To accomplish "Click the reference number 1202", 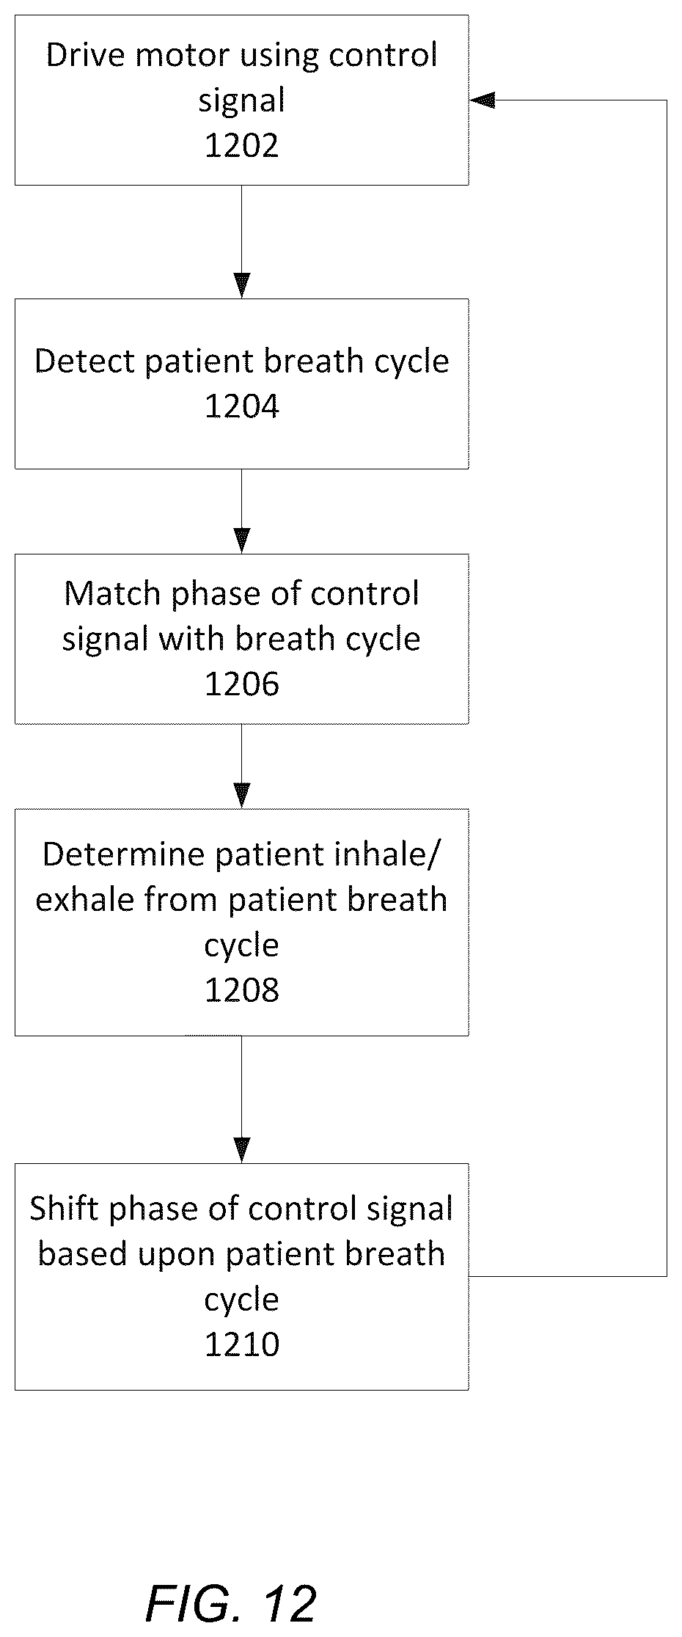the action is pyautogui.click(x=241, y=146).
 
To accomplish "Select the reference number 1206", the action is pyautogui.click(x=241, y=684).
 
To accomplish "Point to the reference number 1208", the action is pyautogui.click(x=241, y=990).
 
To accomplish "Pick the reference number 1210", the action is pyautogui.click(x=241, y=1344).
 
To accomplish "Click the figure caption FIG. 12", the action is pyautogui.click(x=230, y=1603).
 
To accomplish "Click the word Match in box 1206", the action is pyautogui.click(x=113, y=593).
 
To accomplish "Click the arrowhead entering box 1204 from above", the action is pyautogui.click(x=241, y=286).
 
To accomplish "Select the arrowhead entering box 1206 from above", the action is pyautogui.click(x=241, y=541).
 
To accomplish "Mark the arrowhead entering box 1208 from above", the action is pyautogui.click(x=241, y=796).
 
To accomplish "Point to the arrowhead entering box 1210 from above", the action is pyautogui.click(x=241, y=1151).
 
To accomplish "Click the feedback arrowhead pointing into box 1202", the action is pyautogui.click(x=482, y=100).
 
